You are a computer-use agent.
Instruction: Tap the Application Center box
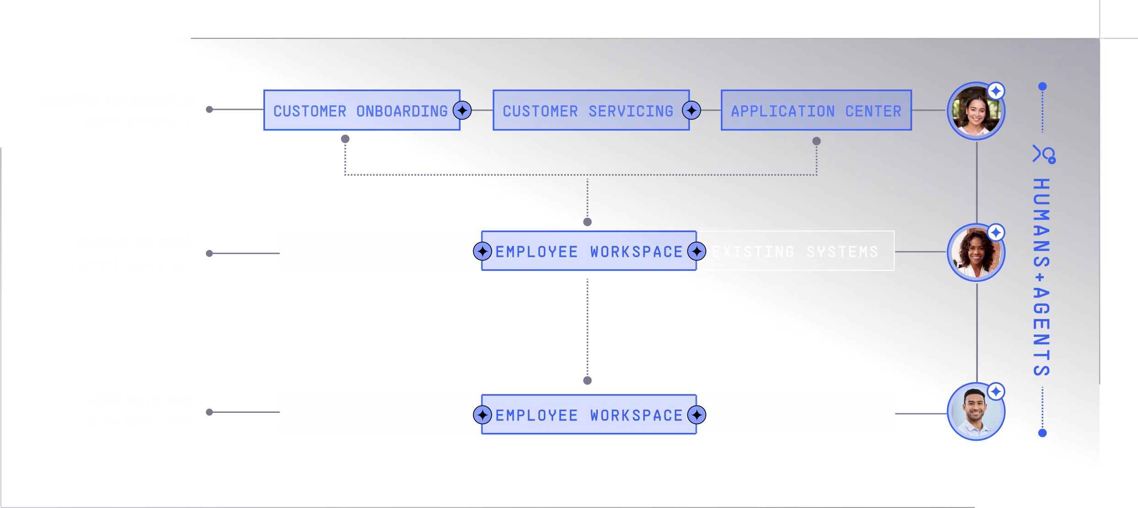coord(816,110)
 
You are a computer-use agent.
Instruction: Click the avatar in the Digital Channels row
coord(975,111)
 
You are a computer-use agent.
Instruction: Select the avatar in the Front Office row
coord(975,253)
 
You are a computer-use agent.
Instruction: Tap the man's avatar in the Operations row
coord(975,412)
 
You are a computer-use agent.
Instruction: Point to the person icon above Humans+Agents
coord(1044,154)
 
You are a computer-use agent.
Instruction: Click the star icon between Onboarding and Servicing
coord(462,110)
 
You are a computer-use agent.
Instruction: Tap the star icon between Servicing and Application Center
coord(691,110)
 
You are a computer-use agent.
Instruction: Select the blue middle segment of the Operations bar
coord(589,414)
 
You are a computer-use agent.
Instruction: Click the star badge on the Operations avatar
coord(996,392)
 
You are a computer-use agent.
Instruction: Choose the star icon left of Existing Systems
coord(696,251)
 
